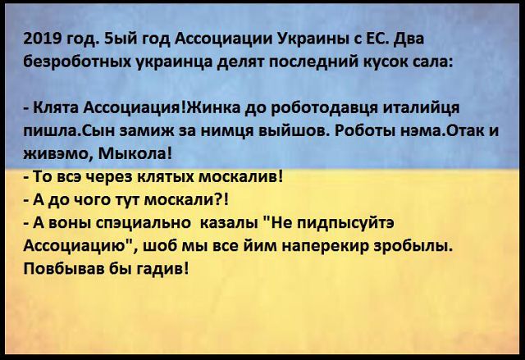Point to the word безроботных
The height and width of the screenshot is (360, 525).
tap(80, 62)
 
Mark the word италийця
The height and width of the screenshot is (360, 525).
tap(421, 109)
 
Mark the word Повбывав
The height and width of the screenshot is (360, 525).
tap(64, 269)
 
